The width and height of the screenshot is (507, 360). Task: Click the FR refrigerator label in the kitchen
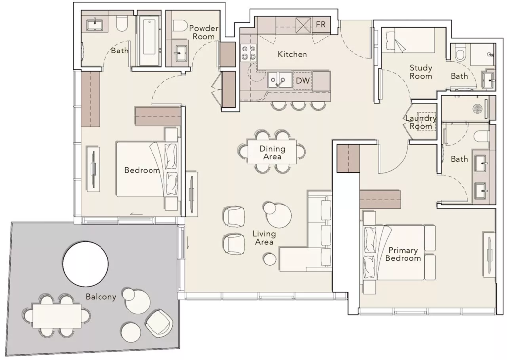(321, 25)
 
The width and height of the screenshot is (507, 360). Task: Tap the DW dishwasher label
(303, 81)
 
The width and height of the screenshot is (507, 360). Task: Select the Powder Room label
(203, 32)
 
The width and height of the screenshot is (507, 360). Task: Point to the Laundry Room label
(421, 122)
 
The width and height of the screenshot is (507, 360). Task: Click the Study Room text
(421, 72)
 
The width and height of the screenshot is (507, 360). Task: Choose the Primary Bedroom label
(403, 254)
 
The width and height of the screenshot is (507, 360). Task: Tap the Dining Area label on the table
(272, 153)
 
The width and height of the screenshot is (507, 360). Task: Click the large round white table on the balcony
(86, 263)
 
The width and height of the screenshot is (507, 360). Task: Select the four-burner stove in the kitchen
(249, 52)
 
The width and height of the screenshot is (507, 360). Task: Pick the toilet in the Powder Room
(179, 26)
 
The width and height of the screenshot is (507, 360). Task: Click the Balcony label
(101, 296)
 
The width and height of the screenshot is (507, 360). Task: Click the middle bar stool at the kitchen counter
(299, 105)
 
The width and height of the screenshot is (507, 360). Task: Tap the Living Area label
(264, 238)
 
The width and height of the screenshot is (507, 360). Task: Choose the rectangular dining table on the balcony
(56, 316)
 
